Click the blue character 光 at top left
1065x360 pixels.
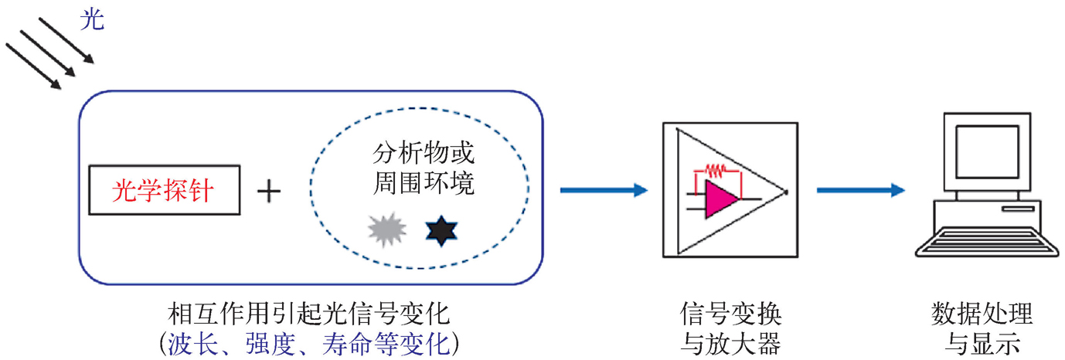click(92, 20)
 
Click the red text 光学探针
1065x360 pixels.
click(163, 190)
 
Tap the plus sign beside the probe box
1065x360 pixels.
click(268, 191)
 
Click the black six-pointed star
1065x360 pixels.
click(441, 230)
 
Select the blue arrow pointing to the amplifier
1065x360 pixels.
click(603, 190)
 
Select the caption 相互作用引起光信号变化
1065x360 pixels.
click(308, 315)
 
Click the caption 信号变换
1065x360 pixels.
click(731, 315)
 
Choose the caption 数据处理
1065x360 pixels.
click(982, 315)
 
